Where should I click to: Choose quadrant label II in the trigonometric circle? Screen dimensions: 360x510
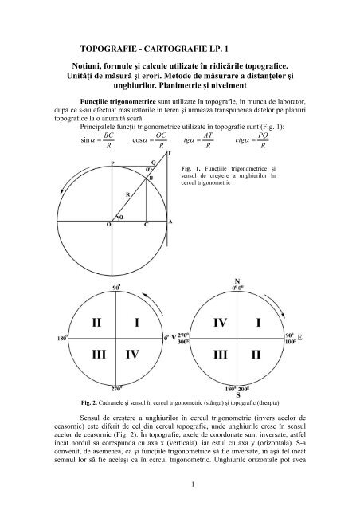(96, 324)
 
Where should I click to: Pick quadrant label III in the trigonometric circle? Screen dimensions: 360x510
(96, 354)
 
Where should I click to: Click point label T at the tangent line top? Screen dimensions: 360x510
(167, 152)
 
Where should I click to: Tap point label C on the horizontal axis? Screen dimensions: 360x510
(146, 226)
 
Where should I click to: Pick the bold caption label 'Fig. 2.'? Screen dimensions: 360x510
(76, 404)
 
